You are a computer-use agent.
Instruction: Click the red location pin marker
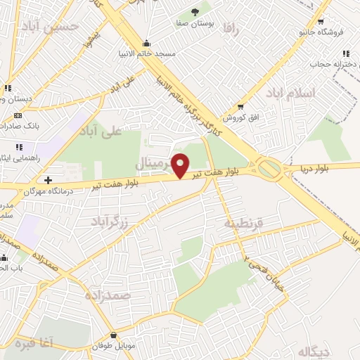pos(181,165)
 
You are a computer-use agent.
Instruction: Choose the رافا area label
pos(230,27)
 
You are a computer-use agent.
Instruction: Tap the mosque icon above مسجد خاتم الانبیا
pos(146,44)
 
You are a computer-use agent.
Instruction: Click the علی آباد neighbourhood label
pos(102,131)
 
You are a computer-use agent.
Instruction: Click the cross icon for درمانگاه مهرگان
pos(47,180)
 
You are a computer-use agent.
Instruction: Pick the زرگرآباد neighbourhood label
pos(111,222)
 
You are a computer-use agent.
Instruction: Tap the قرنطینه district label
pos(243,222)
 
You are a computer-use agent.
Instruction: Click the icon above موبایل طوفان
pos(114,335)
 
